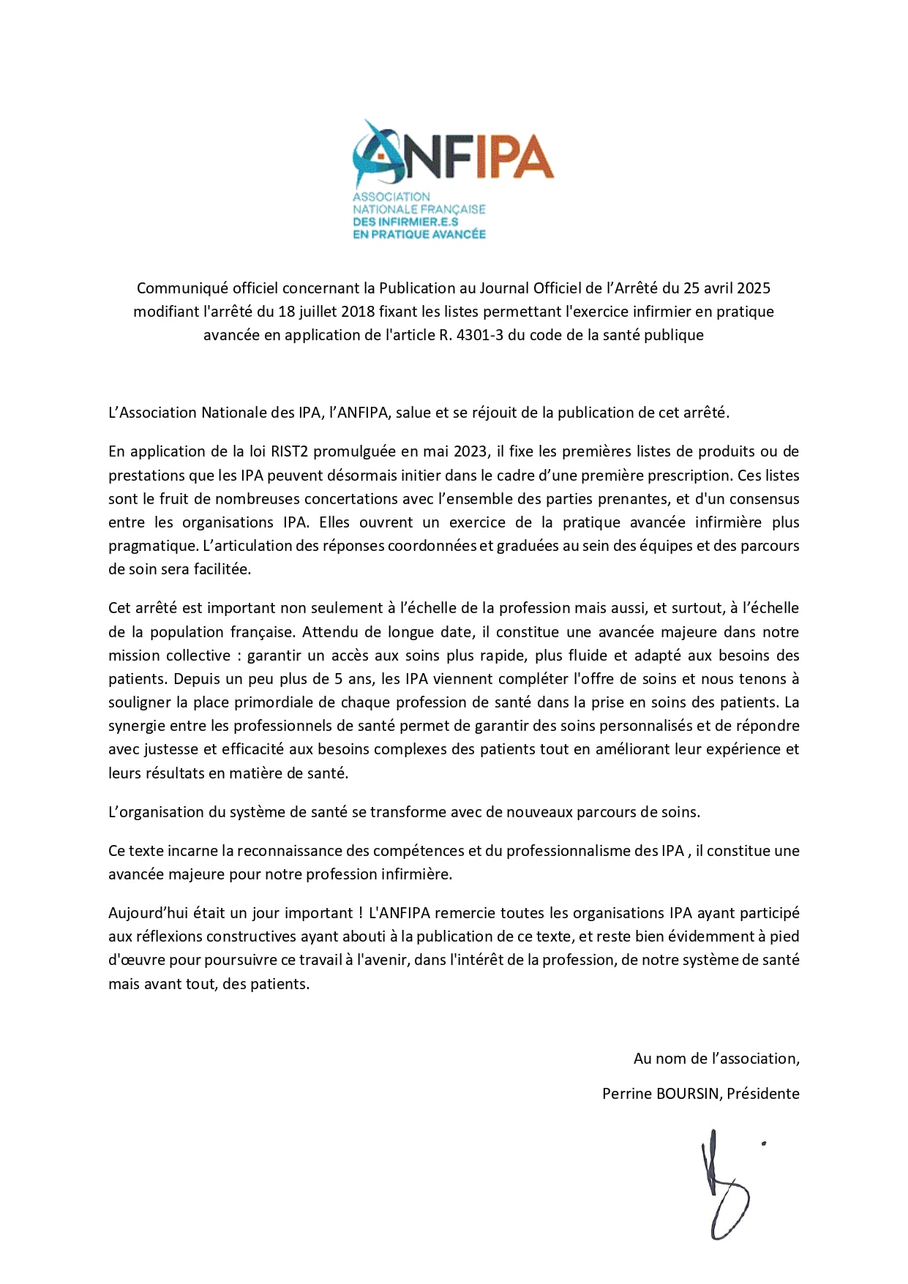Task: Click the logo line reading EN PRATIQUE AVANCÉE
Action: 419,234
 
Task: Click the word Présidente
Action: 763,1094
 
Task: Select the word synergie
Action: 136,726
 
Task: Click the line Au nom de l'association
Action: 716,1058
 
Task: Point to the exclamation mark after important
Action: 361,913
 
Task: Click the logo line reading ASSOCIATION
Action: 391,197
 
